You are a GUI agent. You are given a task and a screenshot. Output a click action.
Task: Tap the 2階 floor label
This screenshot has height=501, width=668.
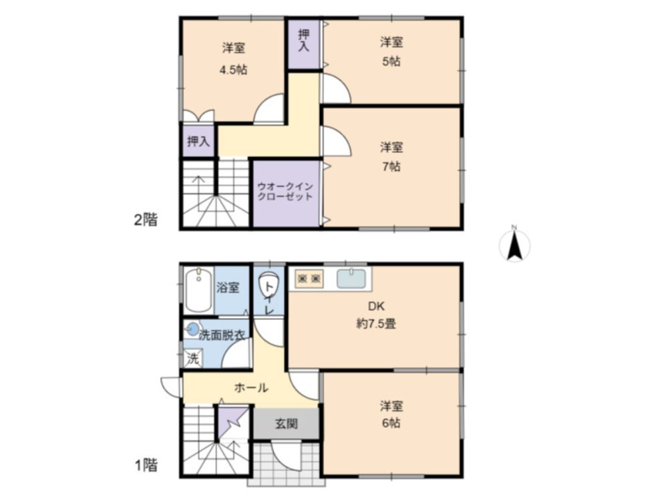point(146,220)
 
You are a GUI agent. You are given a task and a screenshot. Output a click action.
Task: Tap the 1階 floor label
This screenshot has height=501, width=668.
point(146,465)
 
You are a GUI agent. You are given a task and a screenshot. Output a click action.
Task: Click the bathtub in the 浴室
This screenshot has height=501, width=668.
point(199,291)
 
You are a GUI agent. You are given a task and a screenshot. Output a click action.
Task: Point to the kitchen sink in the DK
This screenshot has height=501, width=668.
point(351,278)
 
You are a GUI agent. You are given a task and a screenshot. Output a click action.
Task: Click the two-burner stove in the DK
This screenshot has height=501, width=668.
point(309,279)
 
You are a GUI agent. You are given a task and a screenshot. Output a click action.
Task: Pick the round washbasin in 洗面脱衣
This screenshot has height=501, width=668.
point(193,329)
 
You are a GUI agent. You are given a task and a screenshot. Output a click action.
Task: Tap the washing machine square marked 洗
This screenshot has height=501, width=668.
point(192,358)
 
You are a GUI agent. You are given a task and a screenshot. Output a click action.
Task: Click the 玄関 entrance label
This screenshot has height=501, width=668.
point(286,424)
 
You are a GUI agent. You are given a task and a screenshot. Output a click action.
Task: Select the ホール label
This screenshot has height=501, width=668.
point(251,387)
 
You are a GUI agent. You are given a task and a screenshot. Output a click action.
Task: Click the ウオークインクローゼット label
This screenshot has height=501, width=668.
point(285,192)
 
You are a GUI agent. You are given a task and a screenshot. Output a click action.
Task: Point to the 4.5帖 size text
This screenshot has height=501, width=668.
point(233,70)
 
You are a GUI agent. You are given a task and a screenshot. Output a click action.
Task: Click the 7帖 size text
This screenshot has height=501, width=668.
point(391,166)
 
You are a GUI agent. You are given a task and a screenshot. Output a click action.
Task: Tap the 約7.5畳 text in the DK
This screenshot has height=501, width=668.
point(376,324)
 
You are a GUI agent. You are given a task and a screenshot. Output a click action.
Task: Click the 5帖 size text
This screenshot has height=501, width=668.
point(391,61)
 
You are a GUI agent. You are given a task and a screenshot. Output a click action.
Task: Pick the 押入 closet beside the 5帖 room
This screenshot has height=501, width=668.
point(303,44)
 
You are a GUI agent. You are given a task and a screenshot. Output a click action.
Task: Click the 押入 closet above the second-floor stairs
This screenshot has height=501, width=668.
point(198,141)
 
